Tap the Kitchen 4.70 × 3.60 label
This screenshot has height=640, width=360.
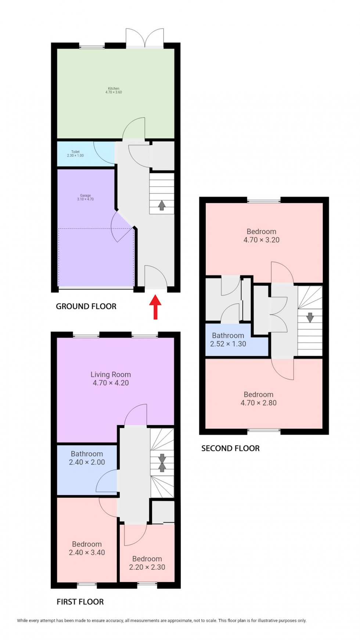[x=114, y=90]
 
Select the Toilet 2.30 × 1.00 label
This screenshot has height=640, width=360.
[x=75, y=154]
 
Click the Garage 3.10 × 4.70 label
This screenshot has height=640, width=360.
[x=85, y=197]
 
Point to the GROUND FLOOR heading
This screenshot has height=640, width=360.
[x=86, y=306]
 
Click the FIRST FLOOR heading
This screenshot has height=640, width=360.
[x=80, y=602]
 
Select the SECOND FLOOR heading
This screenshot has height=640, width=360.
[x=230, y=448]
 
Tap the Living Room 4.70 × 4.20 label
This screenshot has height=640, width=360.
[x=111, y=378]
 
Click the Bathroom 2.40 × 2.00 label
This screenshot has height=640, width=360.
[x=87, y=458]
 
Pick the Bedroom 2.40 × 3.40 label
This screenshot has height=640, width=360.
[x=87, y=548]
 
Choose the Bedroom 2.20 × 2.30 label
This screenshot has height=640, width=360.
[x=147, y=563]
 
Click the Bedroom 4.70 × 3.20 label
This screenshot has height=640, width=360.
[x=261, y=235]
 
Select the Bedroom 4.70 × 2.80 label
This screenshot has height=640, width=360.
[x=258, y=398]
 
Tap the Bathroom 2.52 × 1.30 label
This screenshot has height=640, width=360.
[x=228, y=339]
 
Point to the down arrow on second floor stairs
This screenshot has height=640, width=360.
[x=310, y=317]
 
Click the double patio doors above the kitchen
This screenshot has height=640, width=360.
[x=145, y=38]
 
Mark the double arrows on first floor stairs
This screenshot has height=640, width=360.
[x=162, y=463]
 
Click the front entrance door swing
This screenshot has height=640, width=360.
[x=156, y=276]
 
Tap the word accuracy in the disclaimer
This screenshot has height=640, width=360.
[x=113, y=621]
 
